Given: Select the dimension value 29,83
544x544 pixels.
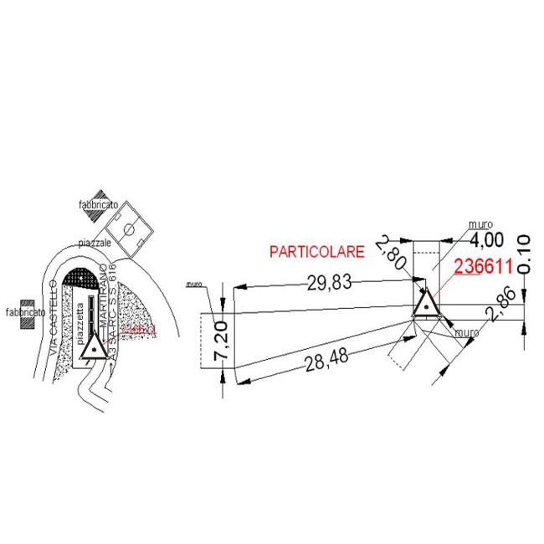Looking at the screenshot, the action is coord(329,283).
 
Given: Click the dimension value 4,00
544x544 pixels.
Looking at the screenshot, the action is coord(487,240).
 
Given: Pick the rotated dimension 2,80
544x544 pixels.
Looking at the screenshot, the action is coord(391,252).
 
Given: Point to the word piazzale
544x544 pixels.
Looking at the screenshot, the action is coord(95,242).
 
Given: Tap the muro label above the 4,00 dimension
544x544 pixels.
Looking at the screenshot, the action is coord(480,224).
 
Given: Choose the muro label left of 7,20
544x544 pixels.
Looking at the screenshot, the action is coord(195,284).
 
